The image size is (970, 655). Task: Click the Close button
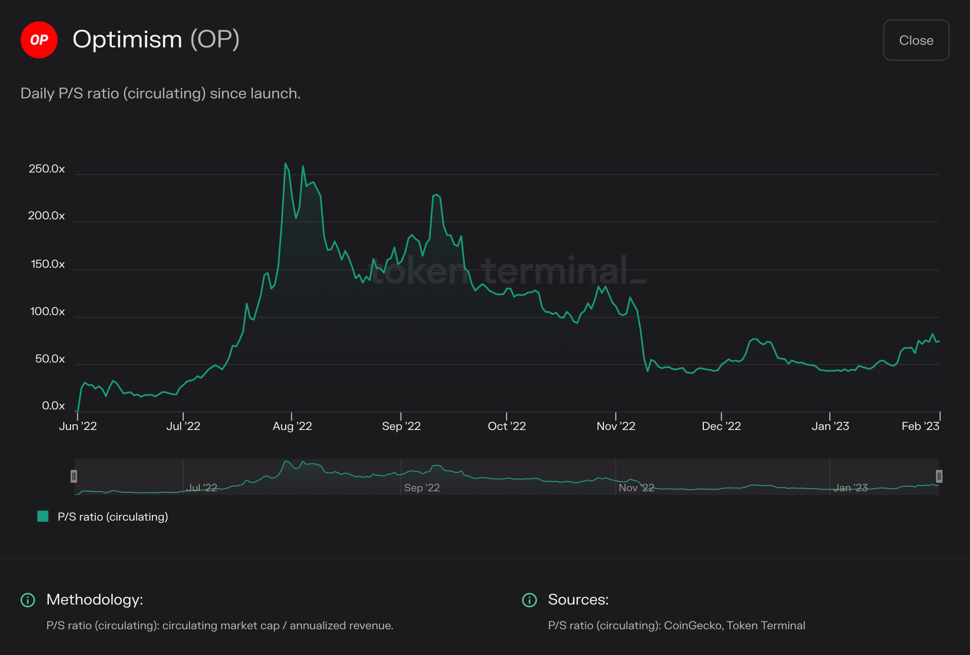(915, 40)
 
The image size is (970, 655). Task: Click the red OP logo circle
(39, 40)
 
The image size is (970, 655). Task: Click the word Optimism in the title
(127, 40)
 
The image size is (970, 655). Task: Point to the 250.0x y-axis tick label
(47, 169)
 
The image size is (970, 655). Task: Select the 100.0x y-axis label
(47, 312)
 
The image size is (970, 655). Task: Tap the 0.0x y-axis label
(53, 406)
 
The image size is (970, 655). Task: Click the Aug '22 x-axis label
(292, 426)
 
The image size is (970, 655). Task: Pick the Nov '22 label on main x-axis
(616, 426)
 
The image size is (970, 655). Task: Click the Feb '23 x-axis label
(920, 426)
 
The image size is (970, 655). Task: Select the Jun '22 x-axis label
(78, 426)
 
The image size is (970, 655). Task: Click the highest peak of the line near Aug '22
(285, 164)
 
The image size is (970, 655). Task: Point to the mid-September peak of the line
(437, 195)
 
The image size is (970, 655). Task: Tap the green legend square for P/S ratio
(43, 516)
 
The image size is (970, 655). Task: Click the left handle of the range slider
(74, 476)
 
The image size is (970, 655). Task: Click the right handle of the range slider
(939, 476)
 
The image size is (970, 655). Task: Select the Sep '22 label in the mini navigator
(422, 488)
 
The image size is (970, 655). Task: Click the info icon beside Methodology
(28, 600)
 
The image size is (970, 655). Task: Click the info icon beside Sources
(529, 600)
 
